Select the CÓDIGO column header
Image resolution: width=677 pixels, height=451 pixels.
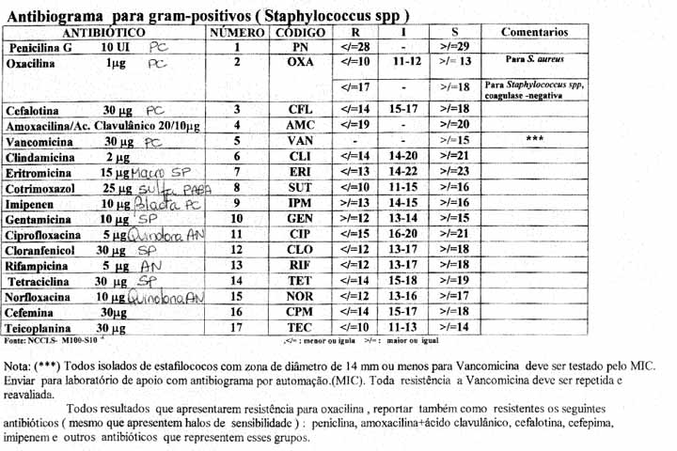tap(298, 32)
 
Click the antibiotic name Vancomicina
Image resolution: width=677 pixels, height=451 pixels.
tap(39, 141)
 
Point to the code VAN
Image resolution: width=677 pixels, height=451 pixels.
tap(300, 141)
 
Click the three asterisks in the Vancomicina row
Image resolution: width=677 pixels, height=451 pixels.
tap(534, 139)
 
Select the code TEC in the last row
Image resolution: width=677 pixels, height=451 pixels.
tap(300, 327)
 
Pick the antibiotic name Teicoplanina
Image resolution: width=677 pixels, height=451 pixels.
tap(40, 327)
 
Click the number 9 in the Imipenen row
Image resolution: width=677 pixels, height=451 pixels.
tap(237, 202)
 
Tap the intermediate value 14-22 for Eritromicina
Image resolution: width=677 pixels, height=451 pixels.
tap(407, 171)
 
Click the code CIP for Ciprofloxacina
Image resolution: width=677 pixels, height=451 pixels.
tap(300, 233)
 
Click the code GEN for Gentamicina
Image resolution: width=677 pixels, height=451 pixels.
tap(300, 218)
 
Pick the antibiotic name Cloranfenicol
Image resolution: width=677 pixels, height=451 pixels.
tap(43, 250)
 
